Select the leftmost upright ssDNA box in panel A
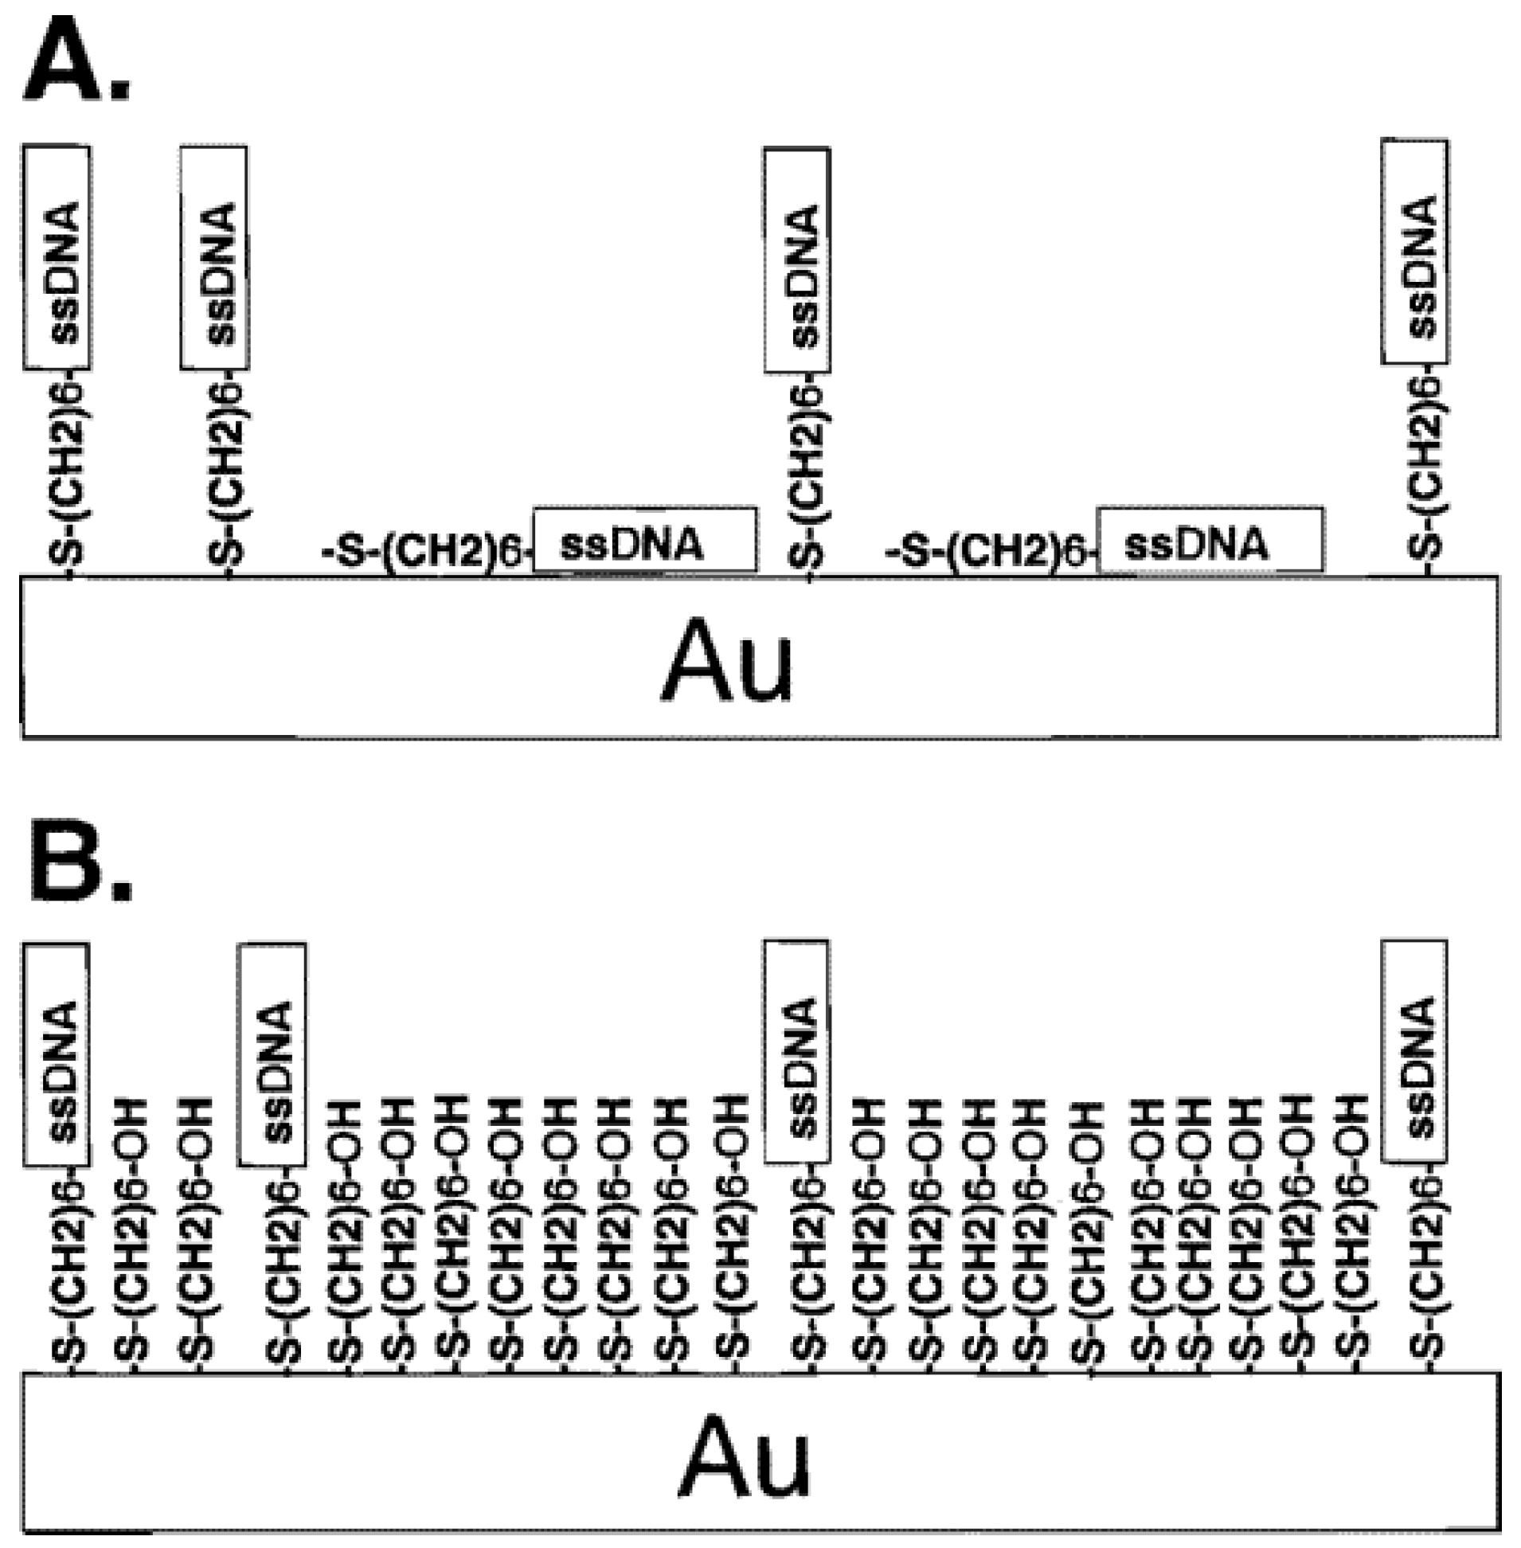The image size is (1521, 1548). (57, 257)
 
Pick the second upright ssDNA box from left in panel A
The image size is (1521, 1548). (214, 257)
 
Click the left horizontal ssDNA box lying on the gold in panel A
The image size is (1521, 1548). (645, 540)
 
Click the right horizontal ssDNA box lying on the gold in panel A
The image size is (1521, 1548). (1210, 540)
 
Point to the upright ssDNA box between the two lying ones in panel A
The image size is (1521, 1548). (797, 260)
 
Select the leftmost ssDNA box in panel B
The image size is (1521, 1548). (57, 1054)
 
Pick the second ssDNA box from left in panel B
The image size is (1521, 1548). (272, 1054)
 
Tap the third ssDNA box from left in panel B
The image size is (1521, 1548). (797, 1051)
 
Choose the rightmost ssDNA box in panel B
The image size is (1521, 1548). (1415, 1051)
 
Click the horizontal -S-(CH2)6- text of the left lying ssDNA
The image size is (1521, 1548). (425, 549)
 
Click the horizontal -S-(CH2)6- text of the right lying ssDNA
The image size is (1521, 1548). (989, 549)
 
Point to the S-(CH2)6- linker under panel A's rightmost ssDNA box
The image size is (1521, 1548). (1426, 467)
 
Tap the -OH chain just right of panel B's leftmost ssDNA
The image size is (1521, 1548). (134, 1230)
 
